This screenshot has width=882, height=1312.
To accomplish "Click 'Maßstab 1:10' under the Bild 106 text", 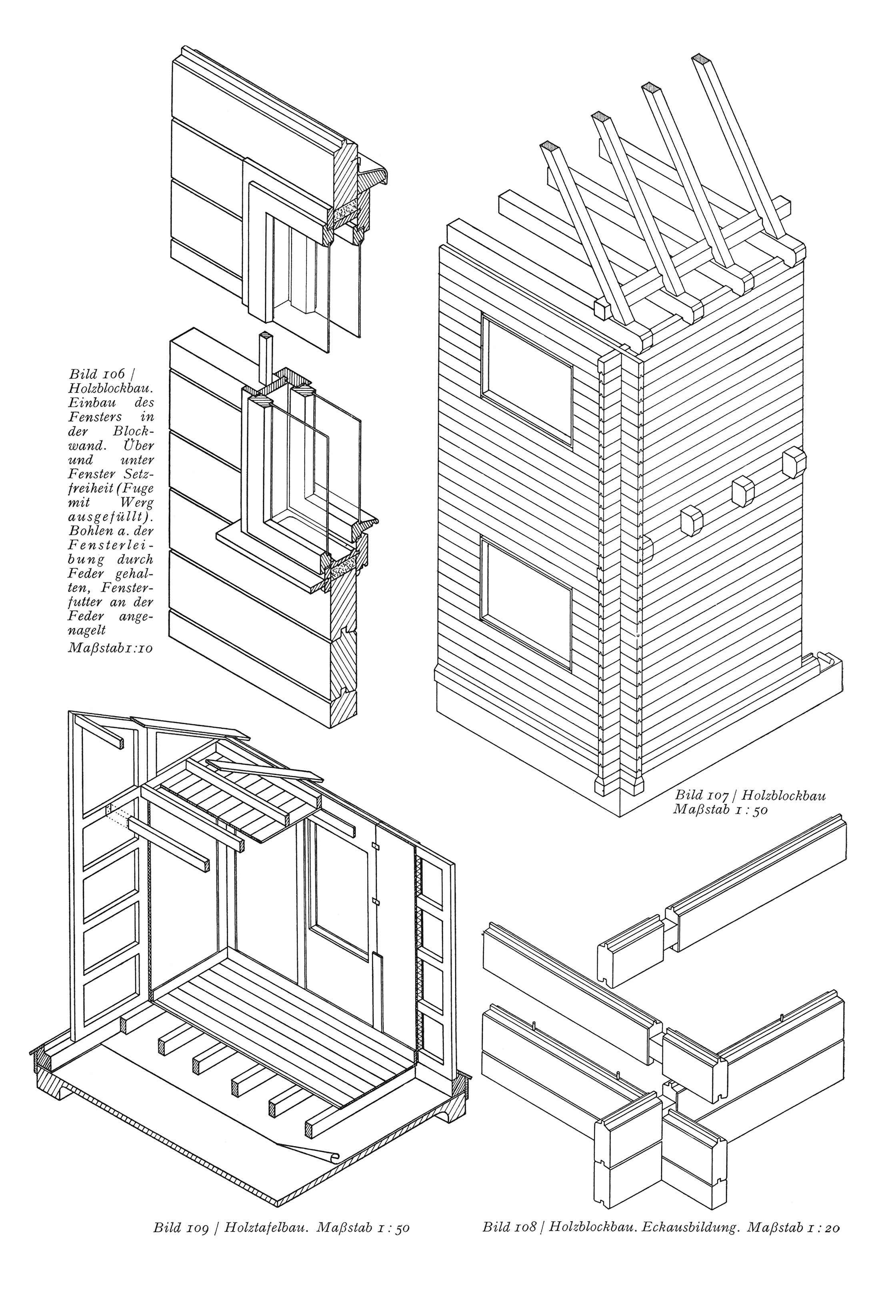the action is coord(110,648).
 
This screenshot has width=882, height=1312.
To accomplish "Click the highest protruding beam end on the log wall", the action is coord(794,462).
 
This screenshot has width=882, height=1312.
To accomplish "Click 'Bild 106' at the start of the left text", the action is coord(93,374).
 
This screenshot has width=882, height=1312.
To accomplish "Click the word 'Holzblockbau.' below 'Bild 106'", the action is coord(111,388).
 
